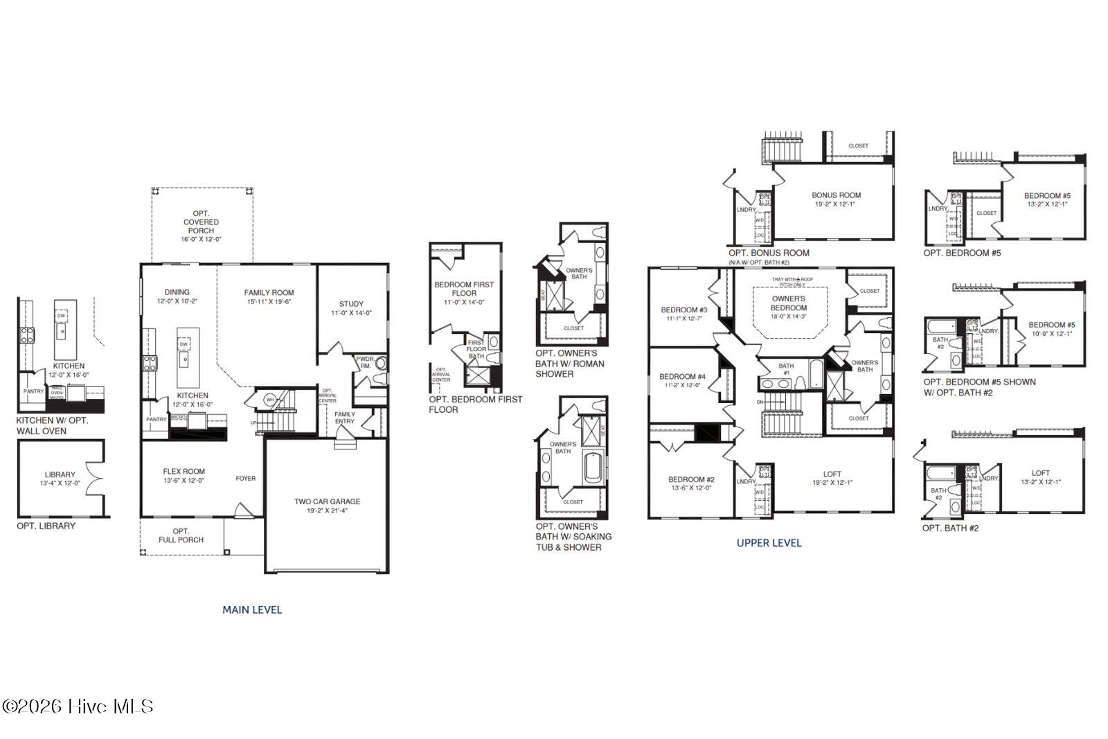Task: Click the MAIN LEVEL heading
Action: (252, 609)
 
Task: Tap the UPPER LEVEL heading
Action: (769, 542)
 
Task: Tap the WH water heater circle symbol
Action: (270, 400)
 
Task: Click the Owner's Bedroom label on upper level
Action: (788, 303)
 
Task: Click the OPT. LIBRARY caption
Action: (46, 526)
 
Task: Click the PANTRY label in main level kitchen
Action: (157, 419)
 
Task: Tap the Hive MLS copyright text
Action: (77, 706)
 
